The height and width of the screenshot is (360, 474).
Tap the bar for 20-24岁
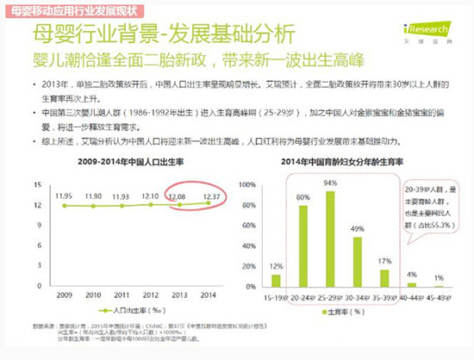[x=302, y=245]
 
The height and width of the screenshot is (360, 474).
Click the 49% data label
[x=356, y=229]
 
